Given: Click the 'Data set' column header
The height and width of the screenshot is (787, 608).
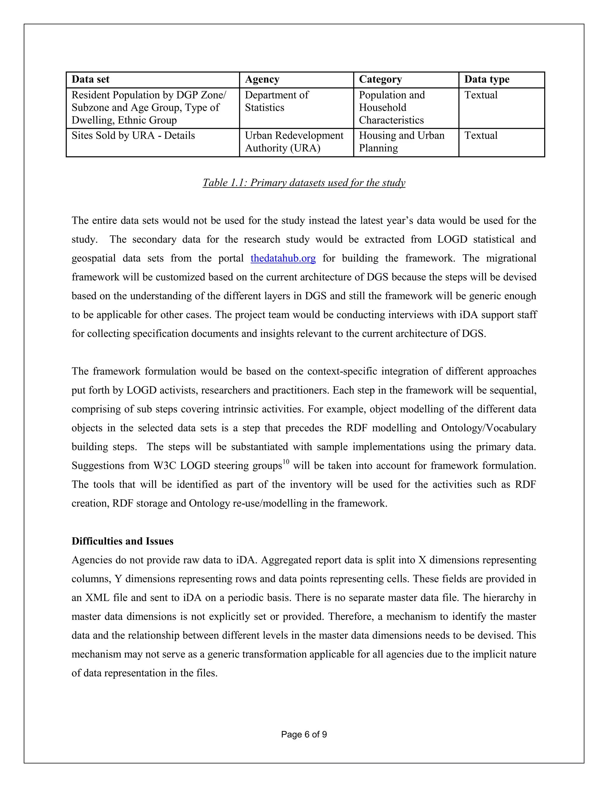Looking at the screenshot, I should pos(91,79).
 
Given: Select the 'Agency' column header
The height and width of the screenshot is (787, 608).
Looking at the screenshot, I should pos(262,79).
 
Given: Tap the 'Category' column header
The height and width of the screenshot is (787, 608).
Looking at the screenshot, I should pos(380,79).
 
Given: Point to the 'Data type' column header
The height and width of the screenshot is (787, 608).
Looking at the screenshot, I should pos(486,79).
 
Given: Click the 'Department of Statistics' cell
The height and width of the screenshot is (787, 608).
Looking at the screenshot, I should pos(277,101).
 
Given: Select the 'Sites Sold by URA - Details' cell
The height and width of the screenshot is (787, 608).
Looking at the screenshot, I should pos(133,135).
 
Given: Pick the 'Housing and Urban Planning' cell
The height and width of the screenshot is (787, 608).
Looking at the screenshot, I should pos(402,142).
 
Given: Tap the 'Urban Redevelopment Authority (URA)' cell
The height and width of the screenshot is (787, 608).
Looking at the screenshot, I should pos(294,142).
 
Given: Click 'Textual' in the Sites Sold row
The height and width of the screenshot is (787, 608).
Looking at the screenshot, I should pos(481,135).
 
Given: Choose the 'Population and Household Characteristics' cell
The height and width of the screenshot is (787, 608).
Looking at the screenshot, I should pos(392,108).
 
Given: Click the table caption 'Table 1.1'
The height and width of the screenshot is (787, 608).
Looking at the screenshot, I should pos(304,183).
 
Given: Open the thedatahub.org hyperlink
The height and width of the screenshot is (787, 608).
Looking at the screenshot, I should pos(283,258).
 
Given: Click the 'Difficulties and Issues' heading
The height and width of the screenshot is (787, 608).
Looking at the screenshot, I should pos(123,541).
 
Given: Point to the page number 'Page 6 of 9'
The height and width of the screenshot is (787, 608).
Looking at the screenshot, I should pos(304,734).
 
